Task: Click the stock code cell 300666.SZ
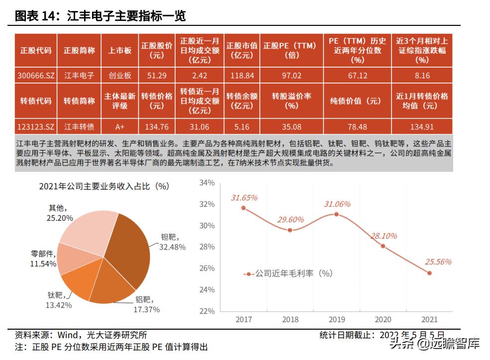pyautogui.click(x=35, y=76)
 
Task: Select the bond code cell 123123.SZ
pyautogui.click(x=35, y=126)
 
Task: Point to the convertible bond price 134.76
pyautogui.click(x=156, y=126)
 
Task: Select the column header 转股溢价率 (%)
pyautogui.click(x=292, y=101)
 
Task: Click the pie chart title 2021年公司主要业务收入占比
pyautogui.click(x=104, y=186)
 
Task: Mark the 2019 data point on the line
pyautogui.click(x=336, y=214)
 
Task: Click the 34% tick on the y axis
pyautogui.click(x=206, y=182)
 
